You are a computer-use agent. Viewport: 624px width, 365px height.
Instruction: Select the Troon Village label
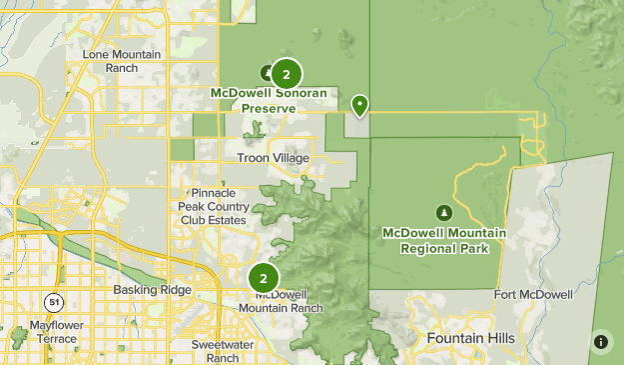point(273,158)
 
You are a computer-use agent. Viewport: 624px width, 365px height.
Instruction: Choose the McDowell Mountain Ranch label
point(281,301)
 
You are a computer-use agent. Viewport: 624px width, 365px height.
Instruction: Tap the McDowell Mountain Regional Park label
point(443,240)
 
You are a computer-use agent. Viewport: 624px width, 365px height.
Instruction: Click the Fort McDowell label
point(534,295)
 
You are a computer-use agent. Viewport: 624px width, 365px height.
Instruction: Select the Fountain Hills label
point(471,339)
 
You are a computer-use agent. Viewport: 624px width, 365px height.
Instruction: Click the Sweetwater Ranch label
point(215,351)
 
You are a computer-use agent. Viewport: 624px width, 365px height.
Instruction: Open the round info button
point(601,341)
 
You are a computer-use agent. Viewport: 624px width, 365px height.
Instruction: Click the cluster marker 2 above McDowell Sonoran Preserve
point(287,73)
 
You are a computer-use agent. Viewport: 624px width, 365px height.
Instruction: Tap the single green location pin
point(360,103)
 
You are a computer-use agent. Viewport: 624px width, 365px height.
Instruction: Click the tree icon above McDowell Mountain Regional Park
point(443,212)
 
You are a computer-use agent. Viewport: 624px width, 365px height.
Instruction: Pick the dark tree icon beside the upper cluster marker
point(267,72)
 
